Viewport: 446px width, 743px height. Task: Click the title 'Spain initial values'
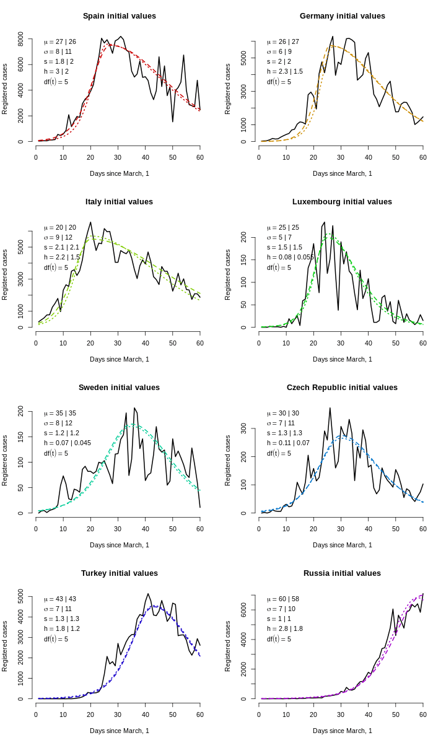pos(120,16)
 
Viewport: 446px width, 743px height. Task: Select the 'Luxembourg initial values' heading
pos(342,202)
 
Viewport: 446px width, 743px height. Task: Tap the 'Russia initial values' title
pos(342,573)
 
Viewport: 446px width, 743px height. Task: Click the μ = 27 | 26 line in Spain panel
pos(60,41)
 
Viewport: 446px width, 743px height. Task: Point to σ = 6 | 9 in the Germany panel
pos(279,51)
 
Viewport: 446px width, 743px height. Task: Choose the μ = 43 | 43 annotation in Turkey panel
pos(60,599)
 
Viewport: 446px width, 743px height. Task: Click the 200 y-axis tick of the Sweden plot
pos(21,411)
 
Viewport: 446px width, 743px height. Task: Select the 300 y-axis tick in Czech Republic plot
pos(244,428)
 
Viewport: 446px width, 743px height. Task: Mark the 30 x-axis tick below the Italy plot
pos(118,343)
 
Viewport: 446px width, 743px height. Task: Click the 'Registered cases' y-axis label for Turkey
pos(5,646)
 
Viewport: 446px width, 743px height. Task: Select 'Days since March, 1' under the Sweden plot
pos(120,545)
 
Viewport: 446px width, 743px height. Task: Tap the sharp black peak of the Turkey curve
pos(148,594)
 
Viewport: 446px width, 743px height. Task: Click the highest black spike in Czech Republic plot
pos(330,408)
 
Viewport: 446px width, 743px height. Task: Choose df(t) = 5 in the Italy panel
pos(56,267)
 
